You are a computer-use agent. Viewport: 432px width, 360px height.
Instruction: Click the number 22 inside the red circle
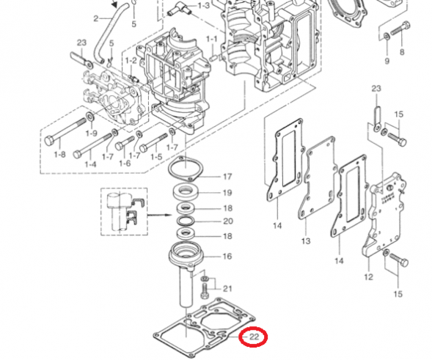[254, 337]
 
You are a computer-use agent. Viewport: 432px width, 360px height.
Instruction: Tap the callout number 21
[227, 289]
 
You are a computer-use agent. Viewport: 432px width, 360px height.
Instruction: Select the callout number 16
[227, 257]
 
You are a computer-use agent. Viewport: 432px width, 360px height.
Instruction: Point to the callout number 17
[227, 177]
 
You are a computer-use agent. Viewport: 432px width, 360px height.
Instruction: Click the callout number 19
[227, 193]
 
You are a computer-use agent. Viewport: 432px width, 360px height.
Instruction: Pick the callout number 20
[228, 221]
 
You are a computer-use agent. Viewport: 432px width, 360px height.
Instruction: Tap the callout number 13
[306, 241]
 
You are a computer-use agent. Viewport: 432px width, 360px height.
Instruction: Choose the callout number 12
[368, 277]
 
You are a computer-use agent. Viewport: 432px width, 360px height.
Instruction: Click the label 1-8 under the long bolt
[60, 155]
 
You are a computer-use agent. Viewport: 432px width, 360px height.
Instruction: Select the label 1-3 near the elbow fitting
[204, 6]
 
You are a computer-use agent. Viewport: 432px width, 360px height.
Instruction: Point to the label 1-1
[211, 40]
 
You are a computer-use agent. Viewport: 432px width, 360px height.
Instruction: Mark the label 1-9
[92, 133]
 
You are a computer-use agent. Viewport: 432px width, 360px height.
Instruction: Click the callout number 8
[402, 52]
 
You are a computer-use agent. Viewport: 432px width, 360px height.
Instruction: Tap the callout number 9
[387, 61]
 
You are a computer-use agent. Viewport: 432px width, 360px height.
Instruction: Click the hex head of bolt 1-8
[49, 141]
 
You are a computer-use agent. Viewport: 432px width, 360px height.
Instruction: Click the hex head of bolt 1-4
[77, 154]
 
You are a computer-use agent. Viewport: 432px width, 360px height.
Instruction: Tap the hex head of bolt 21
[205, 295]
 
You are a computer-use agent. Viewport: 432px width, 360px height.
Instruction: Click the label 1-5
[156, 157]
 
